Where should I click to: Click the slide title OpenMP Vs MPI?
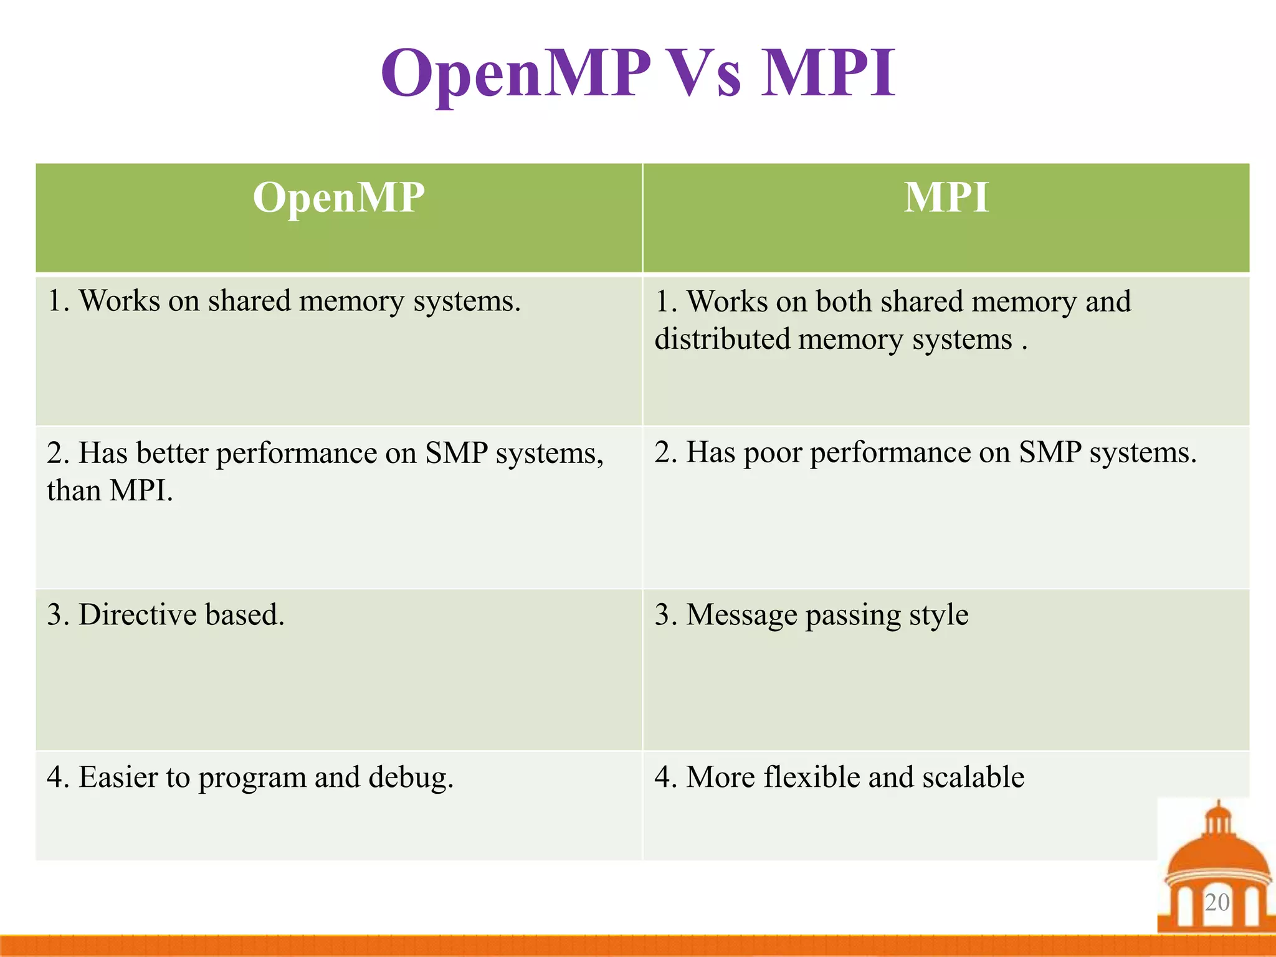pyautogui.click(x=638, y=74)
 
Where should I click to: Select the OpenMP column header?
pyautogui.click(x=338, y=198)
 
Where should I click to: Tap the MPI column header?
pyautogui.click(x=946, y=198)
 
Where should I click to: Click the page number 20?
pyautogui.click(x=1217, y=902)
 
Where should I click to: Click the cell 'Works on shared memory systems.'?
pyautogui.click(x=284, y=302)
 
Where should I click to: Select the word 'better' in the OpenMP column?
pyautogui.click(x=172, y=453)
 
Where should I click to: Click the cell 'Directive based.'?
pyautogui.click(x=166, y=615)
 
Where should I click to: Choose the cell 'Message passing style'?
pyautogui.click(x=811, y=615)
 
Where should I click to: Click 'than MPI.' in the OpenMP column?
pyautogui.click(x=110, y=491)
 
